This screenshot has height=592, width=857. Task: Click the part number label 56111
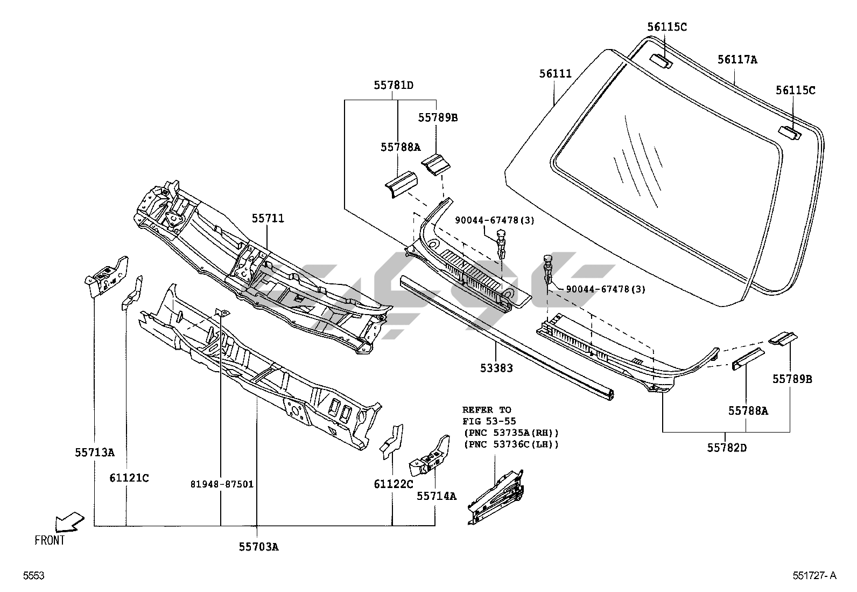(556, 74)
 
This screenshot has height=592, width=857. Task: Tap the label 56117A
(737, 60)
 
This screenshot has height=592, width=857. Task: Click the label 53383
(496, 368)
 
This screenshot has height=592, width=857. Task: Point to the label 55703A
(259, 547)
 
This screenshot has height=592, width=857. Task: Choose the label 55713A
(94, 452)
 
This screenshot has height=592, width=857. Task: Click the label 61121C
(129, 477)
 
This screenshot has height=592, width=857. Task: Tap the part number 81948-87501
(221, 484)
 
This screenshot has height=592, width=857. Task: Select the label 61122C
(393, 484)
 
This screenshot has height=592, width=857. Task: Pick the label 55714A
(436, 496)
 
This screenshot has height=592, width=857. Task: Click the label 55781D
(394, 85)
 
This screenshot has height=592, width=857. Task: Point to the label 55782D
(727, 447)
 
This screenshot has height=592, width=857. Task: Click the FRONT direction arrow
(69, 521)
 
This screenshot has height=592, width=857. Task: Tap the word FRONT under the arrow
(50, 540)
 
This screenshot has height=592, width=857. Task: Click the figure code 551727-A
(814, 576)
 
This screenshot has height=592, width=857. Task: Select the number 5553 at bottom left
(33, 576)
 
